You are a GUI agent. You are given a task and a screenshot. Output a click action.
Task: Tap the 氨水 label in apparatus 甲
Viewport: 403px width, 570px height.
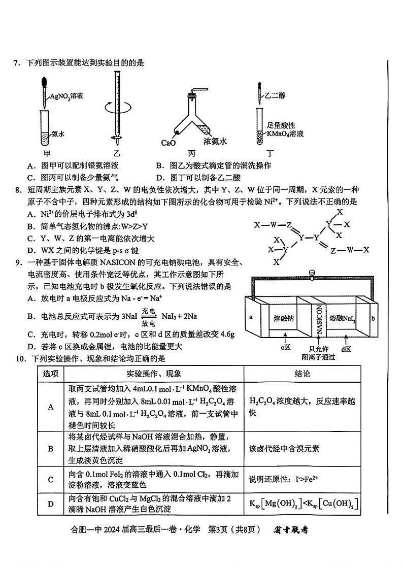coord(57,134)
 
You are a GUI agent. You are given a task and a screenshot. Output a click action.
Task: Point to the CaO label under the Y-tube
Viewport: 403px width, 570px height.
coord(168,143)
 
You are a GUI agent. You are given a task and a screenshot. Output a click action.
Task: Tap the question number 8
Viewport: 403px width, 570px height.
coord(17,190)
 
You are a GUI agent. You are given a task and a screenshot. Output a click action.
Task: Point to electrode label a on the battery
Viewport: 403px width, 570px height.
coord(251,317)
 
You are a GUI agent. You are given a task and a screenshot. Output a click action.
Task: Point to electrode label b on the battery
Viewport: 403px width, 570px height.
coord(373,319)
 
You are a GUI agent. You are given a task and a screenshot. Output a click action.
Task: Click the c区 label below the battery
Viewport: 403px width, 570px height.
coord(285,348)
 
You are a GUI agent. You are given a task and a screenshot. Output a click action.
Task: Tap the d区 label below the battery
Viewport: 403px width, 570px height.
coord(346,349)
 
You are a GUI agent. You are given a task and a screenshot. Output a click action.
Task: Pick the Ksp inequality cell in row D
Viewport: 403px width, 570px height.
coord(303,505)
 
